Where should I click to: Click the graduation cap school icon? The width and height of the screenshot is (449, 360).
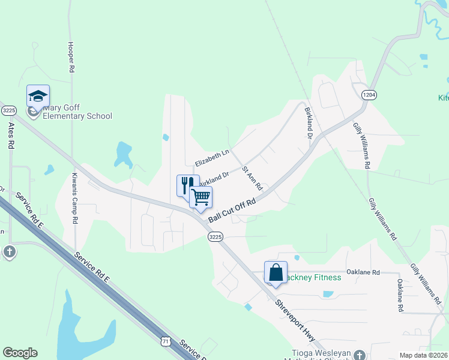[x=38, y=97]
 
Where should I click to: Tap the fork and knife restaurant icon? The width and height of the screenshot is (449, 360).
[x=188, y=185]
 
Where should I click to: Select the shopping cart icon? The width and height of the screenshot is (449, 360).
[x=200, y=197]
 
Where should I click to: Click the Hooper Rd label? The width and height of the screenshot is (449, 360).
[x=71, y=58]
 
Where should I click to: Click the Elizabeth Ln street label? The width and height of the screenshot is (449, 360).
[x=212, y=158]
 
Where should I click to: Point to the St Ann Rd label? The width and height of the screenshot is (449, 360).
[x=252, y=179]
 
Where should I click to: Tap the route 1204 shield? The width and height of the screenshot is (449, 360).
[x=369, y=95]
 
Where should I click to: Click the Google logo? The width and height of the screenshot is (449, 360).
[x=20, y=353]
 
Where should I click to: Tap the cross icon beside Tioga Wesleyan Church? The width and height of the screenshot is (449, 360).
[x=359, y=355]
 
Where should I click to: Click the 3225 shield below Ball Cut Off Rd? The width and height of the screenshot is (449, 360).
[x=215, y=237]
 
